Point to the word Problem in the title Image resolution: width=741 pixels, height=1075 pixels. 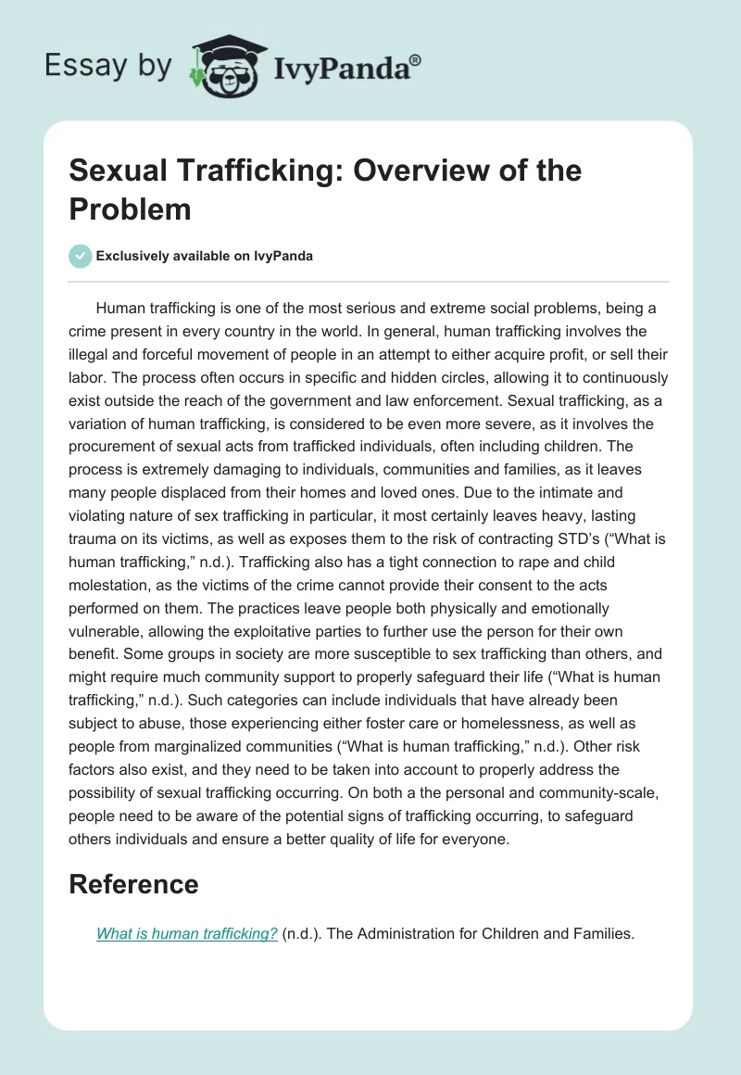pyautogui.click(x=130, y=209)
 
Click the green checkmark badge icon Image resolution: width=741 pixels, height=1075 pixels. pyautogui.click(x=81, y=256)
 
